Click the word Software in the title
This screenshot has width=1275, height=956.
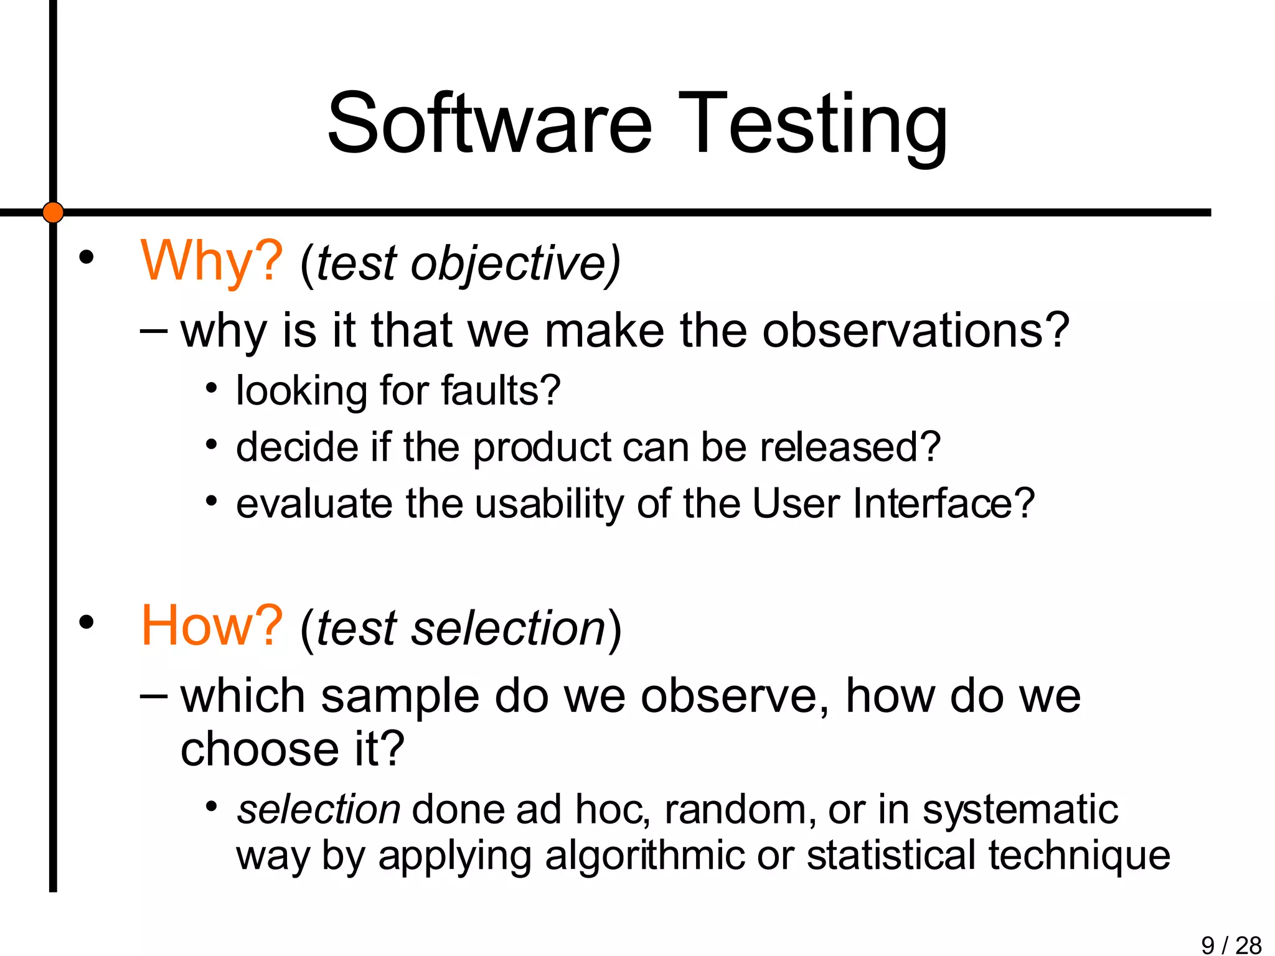click(x=489, y=123)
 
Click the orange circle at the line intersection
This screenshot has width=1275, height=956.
click(x=53, y=212)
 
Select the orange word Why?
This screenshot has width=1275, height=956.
click(x=212, y=261)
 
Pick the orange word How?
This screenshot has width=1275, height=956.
click(x=212, y=626)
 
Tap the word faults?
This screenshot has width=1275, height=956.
click(x=501, y=391)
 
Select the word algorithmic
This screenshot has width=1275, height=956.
click(x=644, y=856)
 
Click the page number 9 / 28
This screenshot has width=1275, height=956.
click(x=1231, y=945)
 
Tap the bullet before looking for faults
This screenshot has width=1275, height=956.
click(x=212, y=389)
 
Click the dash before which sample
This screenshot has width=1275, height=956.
click(x=153, y=696)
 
